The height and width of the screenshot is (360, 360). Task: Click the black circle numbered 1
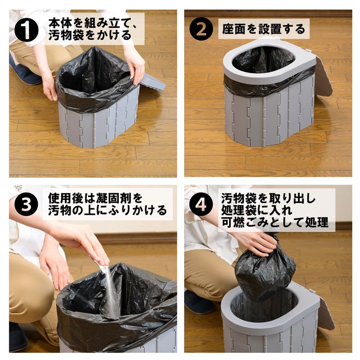26,30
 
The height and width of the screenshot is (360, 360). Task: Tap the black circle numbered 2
201,29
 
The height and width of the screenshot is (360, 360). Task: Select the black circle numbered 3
26,204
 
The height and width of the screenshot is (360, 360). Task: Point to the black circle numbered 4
201,204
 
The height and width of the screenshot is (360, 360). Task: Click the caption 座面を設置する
264,29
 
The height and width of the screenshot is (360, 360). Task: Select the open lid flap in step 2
324,76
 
